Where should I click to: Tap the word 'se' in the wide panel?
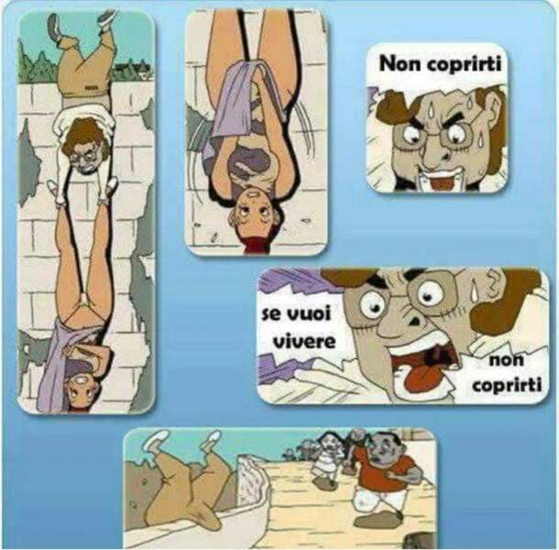coord(270,314)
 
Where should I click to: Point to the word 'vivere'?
coord(303,341)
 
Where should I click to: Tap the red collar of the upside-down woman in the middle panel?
coord(256,246)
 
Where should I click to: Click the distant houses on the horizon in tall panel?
coord(132,71)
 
